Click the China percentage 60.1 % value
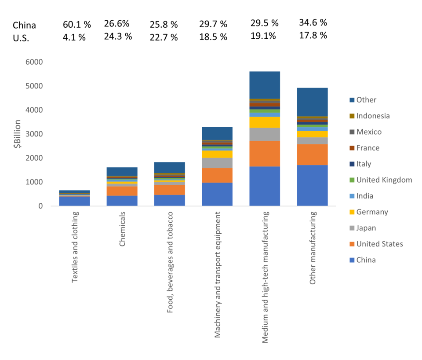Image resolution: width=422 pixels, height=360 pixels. click(77, 25)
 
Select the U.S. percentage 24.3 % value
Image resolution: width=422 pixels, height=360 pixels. click(118, 36)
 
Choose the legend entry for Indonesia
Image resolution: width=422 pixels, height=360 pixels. click(373, 116)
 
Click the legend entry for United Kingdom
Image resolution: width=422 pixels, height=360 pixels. click(384, 180)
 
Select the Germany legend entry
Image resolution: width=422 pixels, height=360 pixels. click(372, 212)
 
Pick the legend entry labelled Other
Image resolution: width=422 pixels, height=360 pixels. click(366, 100)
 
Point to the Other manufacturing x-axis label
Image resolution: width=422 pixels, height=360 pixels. click(313, 248)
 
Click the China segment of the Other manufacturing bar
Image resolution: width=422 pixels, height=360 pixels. click(312, 185)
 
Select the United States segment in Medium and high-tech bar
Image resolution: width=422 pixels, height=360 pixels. click(265, 154)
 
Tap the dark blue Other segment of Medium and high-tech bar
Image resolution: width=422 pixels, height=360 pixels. click(265, 85)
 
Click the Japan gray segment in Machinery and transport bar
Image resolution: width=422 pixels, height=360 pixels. click(217, 163)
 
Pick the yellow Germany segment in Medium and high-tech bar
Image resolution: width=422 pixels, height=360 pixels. click(265, 122)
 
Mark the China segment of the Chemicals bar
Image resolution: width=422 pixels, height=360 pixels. click(122, 201)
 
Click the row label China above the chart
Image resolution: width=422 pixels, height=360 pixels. click(24, 25)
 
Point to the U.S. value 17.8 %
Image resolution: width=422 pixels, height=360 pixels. click(313, 36)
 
